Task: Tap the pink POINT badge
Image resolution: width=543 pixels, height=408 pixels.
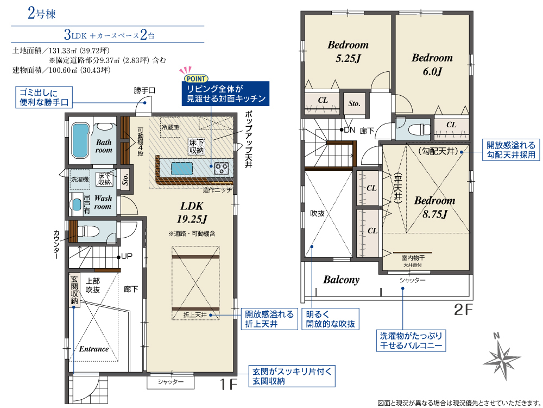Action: [197, 79]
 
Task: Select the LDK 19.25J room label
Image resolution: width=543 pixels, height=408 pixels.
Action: [192, 212]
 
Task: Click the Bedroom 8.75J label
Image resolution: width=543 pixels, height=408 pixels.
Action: [434, 207]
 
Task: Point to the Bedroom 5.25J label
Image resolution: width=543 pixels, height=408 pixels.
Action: [348, 51]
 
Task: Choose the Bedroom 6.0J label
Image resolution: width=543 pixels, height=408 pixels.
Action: [432, 65]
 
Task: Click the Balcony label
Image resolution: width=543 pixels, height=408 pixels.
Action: [341, 280]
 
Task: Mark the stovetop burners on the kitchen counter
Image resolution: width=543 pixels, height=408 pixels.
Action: [222, 168]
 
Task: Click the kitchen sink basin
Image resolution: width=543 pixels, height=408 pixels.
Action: [182, 168]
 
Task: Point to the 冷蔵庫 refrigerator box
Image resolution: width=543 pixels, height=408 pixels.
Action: [171, 127]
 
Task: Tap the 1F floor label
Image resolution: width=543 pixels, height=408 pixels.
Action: [228, 385]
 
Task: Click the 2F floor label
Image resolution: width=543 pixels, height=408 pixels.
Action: [463, 310]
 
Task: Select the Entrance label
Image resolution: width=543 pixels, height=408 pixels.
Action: [93, 349]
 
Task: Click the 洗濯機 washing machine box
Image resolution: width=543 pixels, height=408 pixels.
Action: [80, 180]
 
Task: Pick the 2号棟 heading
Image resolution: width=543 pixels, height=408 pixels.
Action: [42, 14]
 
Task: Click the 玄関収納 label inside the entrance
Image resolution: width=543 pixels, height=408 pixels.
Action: [74, 290]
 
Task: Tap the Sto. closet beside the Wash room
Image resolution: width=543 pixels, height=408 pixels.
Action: [125, 178]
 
